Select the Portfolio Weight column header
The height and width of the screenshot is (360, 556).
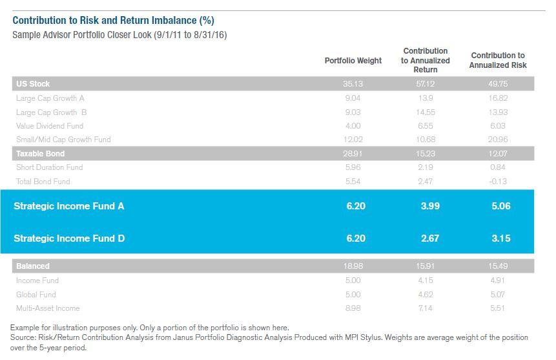click(353, 61)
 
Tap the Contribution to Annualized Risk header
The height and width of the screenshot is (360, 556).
click(498, 60)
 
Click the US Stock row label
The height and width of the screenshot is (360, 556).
click(33, 84)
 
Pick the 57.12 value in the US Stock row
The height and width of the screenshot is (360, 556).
click(426, 84)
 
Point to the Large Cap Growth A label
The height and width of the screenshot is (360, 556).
click(50, 98)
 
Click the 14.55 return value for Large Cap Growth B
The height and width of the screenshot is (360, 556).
click(426, 112)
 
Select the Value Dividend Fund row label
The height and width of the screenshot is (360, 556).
click(50, 126)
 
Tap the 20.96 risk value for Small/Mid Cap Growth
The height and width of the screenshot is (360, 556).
click(498, 140)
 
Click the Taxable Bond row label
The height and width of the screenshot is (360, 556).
click(40, 154)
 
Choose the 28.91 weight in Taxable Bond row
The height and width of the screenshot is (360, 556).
click(353, 154)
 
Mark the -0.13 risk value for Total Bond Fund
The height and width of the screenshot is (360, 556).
click(498, 182)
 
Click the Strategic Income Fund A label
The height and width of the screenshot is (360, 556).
click(69, 206)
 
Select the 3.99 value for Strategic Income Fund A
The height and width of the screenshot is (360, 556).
click(429, 206)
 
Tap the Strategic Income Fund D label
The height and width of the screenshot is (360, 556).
click(69, 238)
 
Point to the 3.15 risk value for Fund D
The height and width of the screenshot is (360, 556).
click(500, 238)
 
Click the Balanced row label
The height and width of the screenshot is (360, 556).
click(33, 266)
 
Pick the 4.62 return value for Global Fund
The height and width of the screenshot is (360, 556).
click(426, 295)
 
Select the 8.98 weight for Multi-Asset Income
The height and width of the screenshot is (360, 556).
click(353, 308)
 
